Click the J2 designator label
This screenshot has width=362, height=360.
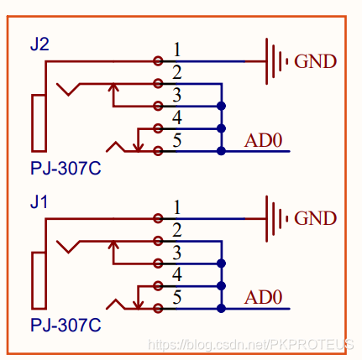[39, 44]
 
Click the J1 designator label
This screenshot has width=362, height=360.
[39, 202]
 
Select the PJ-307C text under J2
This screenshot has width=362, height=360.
[66, 168]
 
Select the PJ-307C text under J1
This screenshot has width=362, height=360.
[66, 325]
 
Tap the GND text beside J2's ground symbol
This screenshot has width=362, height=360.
[315, 61]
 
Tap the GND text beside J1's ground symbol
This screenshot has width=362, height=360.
[315, 218]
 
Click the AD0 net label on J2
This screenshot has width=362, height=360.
[263, 140]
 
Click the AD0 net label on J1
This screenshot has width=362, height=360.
[263, 297]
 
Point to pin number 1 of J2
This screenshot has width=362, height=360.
[177, 50]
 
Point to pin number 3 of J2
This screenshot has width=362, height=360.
[177, 95]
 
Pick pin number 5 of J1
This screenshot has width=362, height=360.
[177, 297]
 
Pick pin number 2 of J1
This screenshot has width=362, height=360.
[177, 230]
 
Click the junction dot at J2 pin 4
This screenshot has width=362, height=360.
[221, 128]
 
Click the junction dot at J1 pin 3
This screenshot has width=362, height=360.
[221, 263]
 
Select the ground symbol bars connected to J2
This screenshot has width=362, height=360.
[267, 61]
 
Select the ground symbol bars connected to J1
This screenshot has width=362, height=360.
[267, 218]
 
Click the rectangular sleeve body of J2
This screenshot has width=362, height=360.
[33, 123]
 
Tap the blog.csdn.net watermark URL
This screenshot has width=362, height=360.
[250, 344]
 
